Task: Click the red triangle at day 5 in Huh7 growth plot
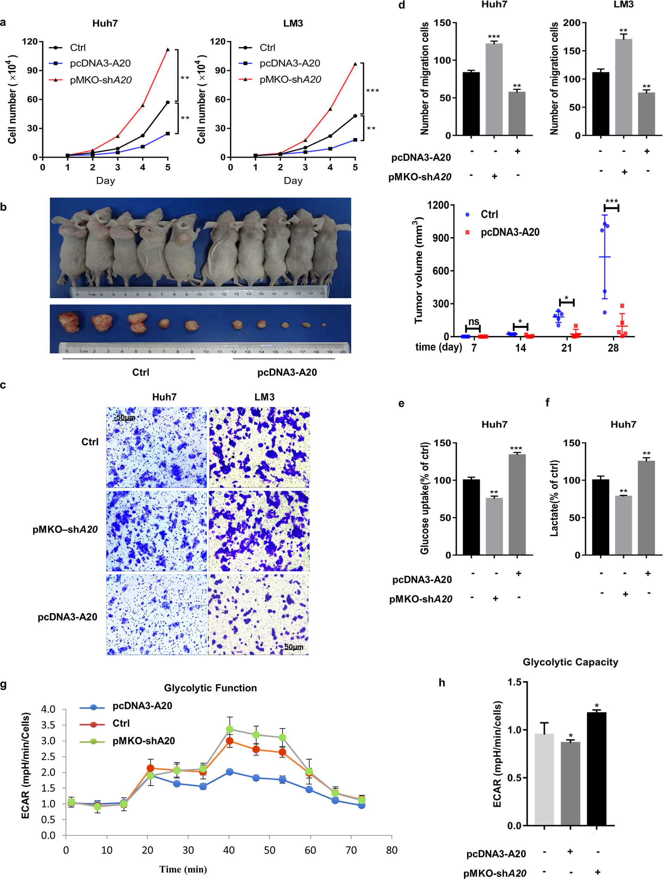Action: click(x=168, y=50)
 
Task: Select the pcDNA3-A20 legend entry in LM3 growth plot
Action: click(x=290, y=63)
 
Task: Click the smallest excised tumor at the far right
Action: click(x=324, y=325)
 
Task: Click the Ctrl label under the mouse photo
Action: click(x=141, y=372)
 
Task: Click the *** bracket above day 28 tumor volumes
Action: click(x=611, y=207)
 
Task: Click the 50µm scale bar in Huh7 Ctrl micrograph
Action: click(x=125, y=417)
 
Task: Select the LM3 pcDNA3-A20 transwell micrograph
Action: click(x=259, y=614)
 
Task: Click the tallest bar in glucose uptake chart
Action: click(x=517, y=504)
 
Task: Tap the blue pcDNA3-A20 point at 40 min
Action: click(x=229, y=772)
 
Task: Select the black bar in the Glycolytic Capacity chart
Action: click(x=596, y=768)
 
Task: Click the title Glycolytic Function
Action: click(x=210, y=688)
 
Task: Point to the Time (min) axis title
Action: click(x=183, y=869)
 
